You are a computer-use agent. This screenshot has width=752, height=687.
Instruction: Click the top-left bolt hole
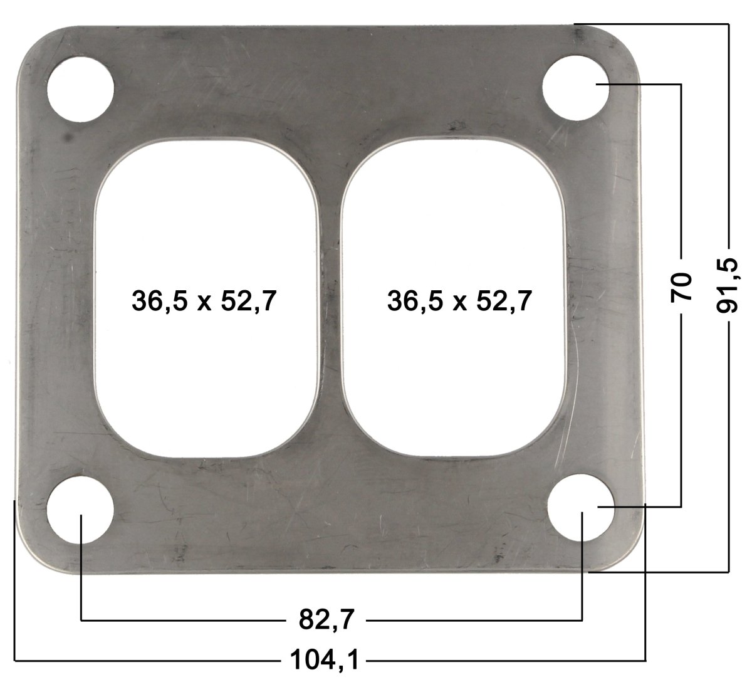click(81, 89)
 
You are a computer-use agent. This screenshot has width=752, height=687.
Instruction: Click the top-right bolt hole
click(575, 85)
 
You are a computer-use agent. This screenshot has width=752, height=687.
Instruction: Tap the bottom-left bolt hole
click(81, 509)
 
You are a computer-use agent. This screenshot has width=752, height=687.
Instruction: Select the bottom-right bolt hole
click(580, 507)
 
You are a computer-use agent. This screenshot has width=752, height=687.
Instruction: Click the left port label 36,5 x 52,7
click(204, 302)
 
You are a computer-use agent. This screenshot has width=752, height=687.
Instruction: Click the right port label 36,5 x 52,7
click(459, 302)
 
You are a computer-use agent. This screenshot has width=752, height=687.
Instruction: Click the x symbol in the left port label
click(204, 303)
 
